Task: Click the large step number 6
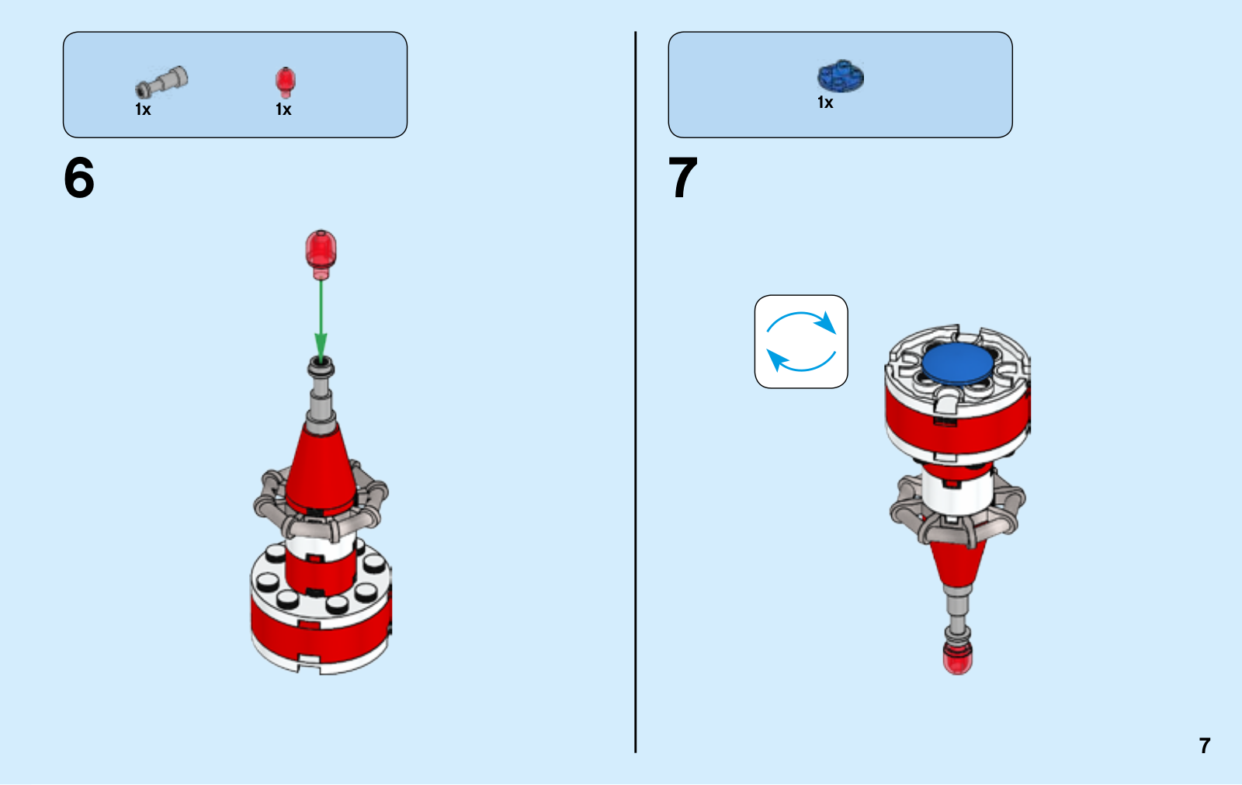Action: (78, 178)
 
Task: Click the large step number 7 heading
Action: (682, 178)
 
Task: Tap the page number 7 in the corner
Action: (1204, 745)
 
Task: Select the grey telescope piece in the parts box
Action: (161, 82)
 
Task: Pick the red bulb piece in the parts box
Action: (286, 82)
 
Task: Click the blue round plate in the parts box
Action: (841, 76)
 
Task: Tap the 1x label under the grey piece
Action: (143, 109)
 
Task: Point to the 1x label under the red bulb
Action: (283, 109)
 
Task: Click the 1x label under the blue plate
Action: (825, 102)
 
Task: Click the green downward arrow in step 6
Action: (321, 321)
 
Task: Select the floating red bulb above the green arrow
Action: (321, 255)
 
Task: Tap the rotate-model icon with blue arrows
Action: (801, 342)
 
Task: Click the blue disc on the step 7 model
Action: (958, 363)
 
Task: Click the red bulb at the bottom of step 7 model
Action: (958, 659)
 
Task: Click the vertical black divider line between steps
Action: (636, 392)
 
